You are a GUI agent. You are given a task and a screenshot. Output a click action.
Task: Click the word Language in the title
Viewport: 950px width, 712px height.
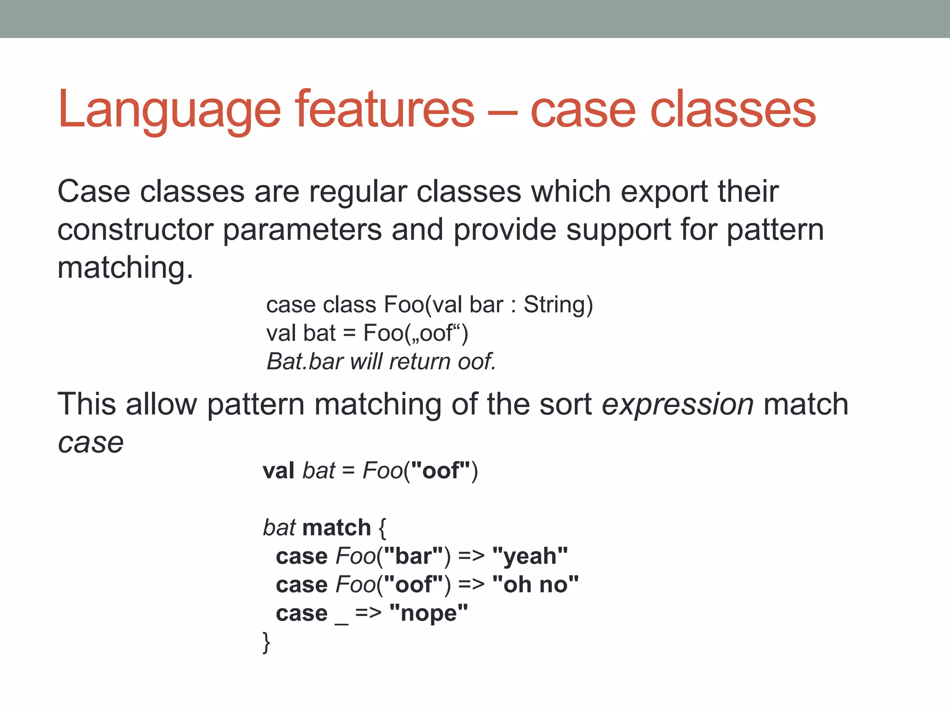click(x=169, y=110)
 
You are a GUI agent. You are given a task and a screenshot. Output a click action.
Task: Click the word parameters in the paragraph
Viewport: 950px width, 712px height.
click(x=302, y=230)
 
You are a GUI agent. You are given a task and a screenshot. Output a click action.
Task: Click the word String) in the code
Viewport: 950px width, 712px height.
click(x=558, y=305)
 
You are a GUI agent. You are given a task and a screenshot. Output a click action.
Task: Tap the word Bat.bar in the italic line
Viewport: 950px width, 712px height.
click(x=305, y=362)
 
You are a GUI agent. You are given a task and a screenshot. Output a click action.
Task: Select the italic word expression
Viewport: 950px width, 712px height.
click(x=678, y=405)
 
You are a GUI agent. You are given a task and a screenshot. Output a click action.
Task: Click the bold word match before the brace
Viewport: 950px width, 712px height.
click(x=336, y=528)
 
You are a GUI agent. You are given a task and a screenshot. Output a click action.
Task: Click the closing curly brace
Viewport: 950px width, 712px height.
click(x=266, y=642)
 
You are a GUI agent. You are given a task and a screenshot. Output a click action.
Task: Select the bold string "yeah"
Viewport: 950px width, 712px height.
click(x=530, y=556)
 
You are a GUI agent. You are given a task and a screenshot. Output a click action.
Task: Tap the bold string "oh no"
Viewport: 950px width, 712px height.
click(x=535, y=585)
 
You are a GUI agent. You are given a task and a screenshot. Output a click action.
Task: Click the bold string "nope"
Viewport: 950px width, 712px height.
click(x=429, y=613)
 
